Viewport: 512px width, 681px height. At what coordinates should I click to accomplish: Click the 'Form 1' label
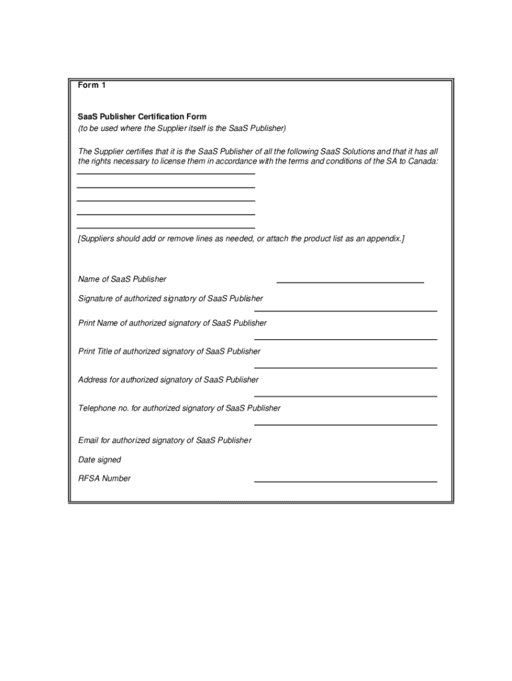[92, 85]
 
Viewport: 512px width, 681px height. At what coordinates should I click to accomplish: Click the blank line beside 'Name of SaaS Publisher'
[350, 283]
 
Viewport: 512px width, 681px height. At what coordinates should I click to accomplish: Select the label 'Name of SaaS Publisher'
[122, 279]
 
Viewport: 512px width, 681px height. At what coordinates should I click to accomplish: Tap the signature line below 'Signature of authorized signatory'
[346, 311]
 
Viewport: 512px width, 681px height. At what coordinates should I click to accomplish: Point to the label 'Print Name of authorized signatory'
[172, 323]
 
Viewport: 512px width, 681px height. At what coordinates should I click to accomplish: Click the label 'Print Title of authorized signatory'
[170, 351]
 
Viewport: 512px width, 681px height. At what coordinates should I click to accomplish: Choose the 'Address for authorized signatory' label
[168, 380]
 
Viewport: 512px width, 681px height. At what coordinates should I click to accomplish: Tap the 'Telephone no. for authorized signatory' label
[180, 408]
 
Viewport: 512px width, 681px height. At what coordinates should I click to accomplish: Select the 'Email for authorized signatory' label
[165, 440]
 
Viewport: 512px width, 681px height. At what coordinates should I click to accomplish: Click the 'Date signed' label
[100, 460]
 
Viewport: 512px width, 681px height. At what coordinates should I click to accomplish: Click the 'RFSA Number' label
[104, 478]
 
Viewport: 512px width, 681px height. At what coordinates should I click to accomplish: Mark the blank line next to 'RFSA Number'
[346, 481]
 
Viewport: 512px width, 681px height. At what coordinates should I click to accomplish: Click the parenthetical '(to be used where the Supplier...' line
[182, 128]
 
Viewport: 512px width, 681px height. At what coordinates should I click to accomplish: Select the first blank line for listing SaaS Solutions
[166, 174]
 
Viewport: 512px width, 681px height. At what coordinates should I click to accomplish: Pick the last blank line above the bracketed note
[166, 228]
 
